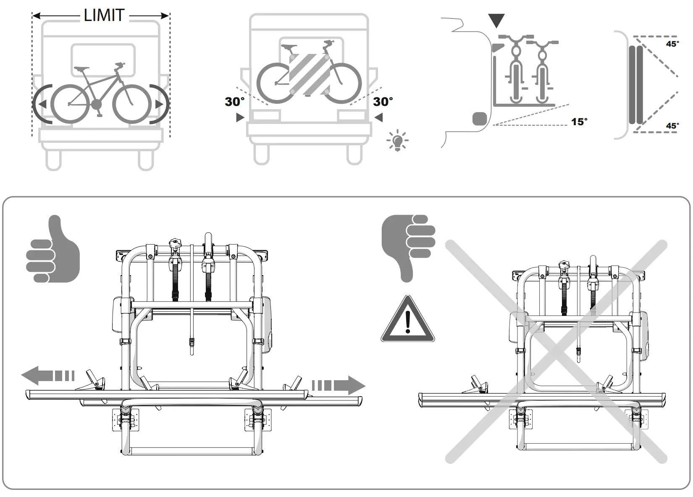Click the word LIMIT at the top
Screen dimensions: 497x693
pos(104,16)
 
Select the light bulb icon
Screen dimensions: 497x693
pos(397,141)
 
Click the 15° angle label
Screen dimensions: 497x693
pos(579,122)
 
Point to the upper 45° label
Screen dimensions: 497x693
pos(672,44)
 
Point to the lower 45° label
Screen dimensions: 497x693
pos(672,126)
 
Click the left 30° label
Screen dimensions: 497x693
pos(234,102)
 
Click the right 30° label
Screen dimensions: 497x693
pos(383,102)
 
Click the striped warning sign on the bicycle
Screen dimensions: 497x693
pos(309,74)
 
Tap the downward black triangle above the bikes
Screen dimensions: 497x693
pos(496,20)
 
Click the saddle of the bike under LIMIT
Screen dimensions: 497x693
pos(82,68)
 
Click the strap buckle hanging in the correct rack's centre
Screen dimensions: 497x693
pos(192,344)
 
